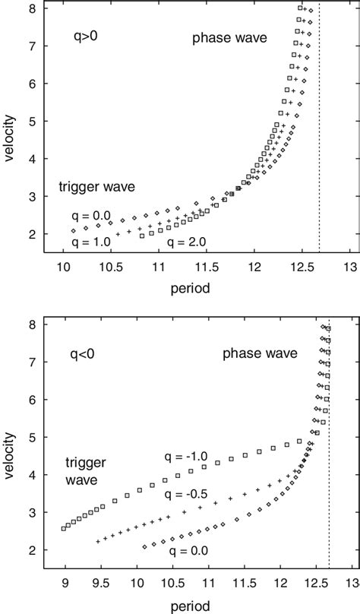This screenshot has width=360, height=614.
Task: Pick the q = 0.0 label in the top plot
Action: pos(94,217)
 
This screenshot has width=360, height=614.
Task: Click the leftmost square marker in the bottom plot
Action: pos(64,528)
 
